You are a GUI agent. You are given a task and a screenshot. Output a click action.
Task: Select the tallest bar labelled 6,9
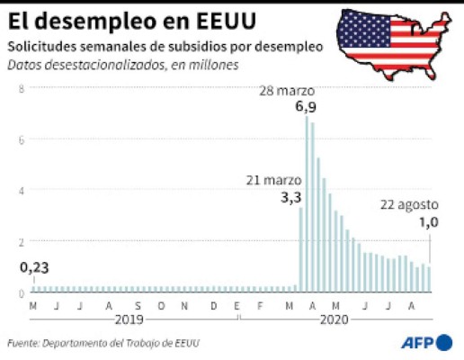[307, 203]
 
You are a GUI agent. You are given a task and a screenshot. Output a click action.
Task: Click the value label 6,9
[306, 107]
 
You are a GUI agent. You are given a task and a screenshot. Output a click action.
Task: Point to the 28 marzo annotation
[288, 91]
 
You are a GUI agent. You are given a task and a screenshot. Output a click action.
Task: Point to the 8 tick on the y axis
[21, 87]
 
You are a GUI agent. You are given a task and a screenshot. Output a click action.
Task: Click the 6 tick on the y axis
[21, 139]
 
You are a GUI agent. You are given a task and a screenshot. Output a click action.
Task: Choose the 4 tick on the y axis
[21, 191]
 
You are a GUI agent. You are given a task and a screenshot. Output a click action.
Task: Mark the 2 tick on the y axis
[21, 242]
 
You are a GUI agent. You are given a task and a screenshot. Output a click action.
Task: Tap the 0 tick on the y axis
[21, 293]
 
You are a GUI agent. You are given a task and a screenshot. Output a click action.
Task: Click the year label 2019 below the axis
[131, 319]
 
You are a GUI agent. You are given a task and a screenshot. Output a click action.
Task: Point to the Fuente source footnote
[103, 343]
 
